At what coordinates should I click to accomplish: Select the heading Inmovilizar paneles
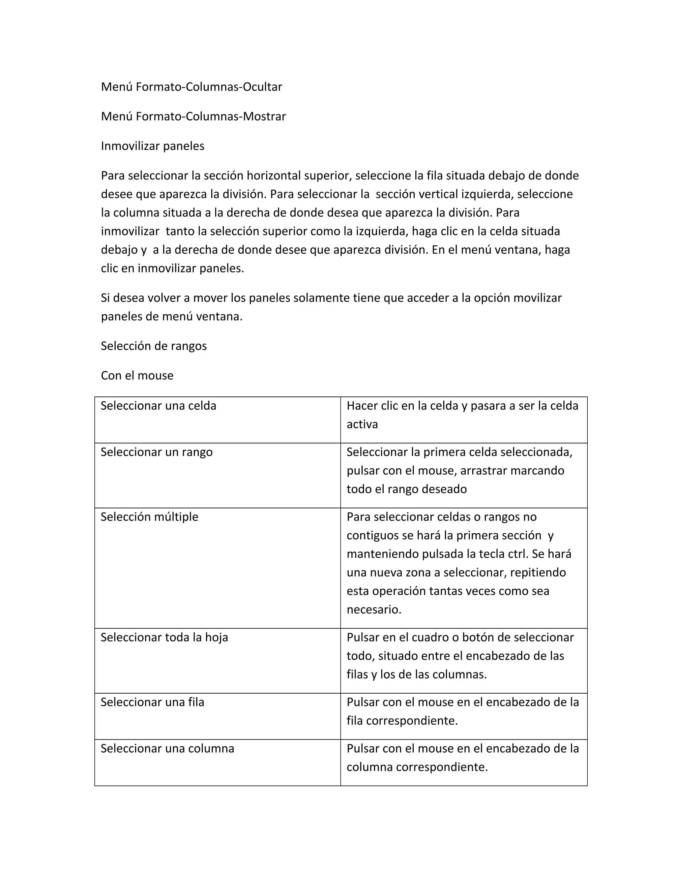pos(152,146)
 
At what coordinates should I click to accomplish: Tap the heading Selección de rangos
pos(154,346)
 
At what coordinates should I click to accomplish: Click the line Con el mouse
pos(137,375)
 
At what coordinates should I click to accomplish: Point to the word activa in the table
pos(362,424)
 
